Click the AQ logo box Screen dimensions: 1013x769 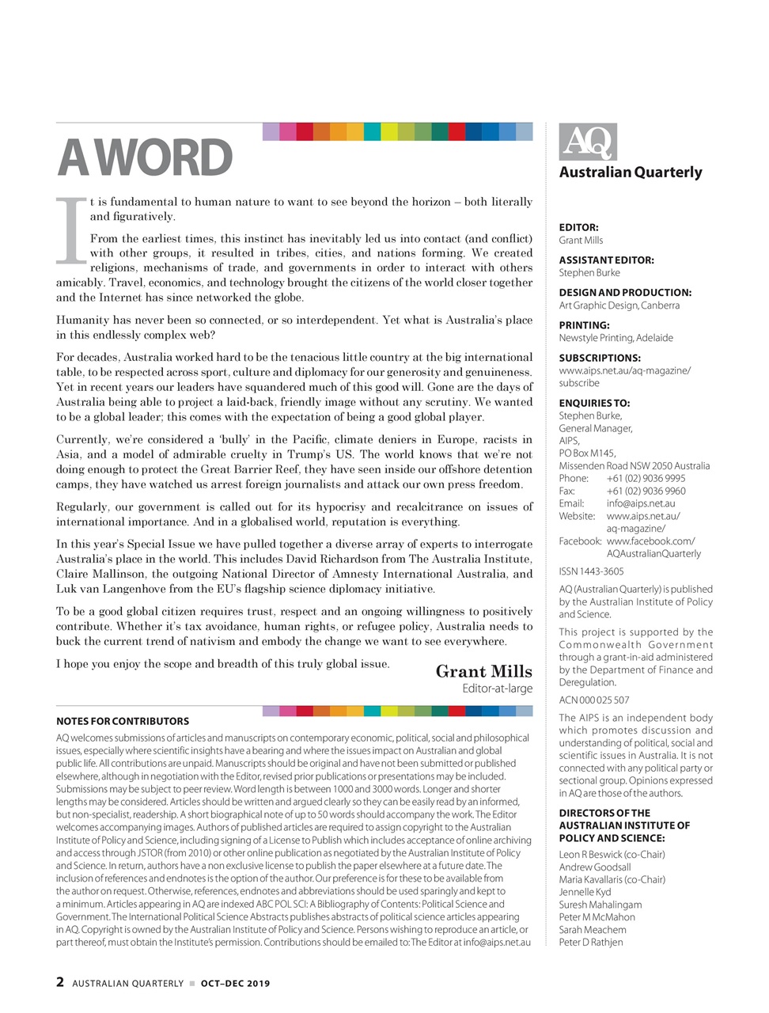[x=588, y=142]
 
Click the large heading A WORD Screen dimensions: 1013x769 [x=145, y=158]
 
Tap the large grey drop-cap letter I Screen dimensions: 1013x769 [x=71, y=230]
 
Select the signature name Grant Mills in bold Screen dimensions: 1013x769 [x=483, y=672]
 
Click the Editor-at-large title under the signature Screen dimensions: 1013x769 [x=497, y=689]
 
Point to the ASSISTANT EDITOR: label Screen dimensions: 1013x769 [x=606, y=260]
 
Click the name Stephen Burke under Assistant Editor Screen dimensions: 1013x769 [x=589, y=272]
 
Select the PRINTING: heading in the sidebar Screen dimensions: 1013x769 [x=584, y=324]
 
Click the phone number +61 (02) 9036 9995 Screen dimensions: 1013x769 [x=646, y=478]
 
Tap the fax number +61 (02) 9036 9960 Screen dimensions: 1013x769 [x=646, y=491]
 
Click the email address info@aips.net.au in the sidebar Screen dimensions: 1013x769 [x=641, y=503]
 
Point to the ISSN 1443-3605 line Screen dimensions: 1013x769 [x=591, y=571]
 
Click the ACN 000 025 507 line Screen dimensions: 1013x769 [x=594, y=700]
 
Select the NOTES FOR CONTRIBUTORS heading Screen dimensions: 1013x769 [x=123, y=721]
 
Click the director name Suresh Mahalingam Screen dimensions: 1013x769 [x=600, y=905]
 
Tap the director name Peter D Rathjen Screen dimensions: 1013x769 [x=590, y=942]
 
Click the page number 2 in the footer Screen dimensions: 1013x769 [x=60, y=982]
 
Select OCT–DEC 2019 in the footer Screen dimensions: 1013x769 [x=235, y=984]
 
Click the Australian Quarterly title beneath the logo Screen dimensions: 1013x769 [x=630, y=173]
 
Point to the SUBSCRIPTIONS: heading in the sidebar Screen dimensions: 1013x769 [x=600, y=358]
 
